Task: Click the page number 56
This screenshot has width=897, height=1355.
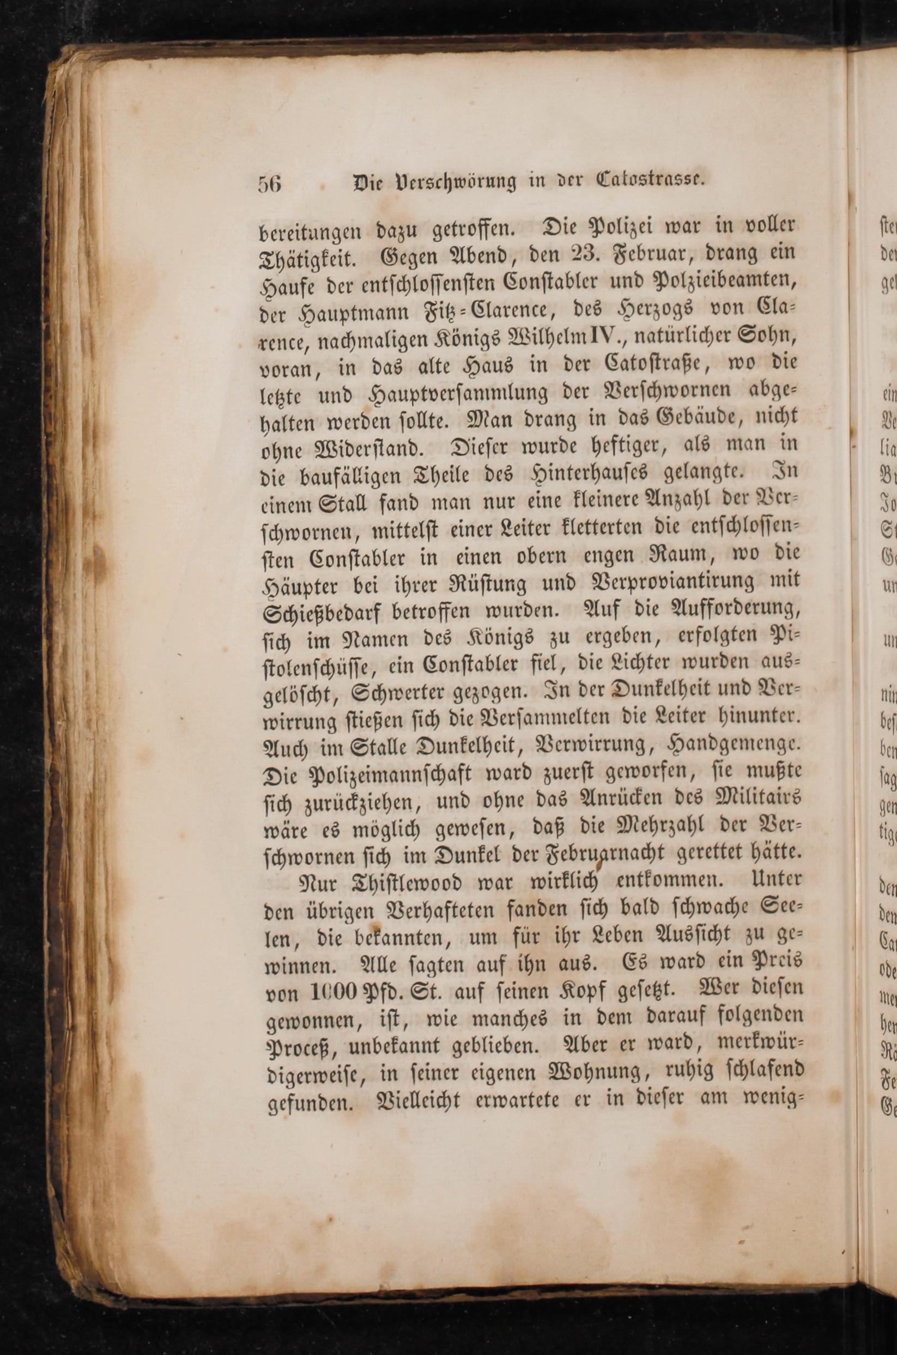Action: [269, 184]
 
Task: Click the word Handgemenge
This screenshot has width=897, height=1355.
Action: [734, 747]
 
